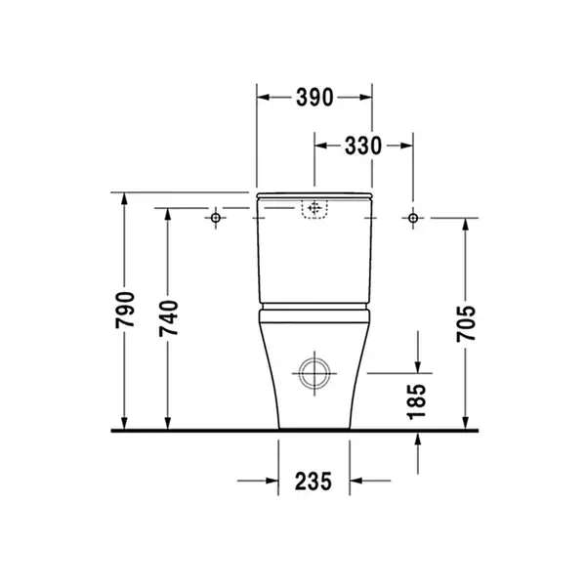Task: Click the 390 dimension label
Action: click(314, 98)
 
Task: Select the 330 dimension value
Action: click(363, 146)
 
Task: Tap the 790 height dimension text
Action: click(125, 311)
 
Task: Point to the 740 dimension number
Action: click(169, 318)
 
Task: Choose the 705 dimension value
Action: click(466, 323)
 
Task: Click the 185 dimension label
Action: click(417, 401)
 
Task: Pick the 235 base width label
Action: click(314, 481)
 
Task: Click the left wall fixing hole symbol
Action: click(216, 218)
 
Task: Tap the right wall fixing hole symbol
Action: click(413, 218)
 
